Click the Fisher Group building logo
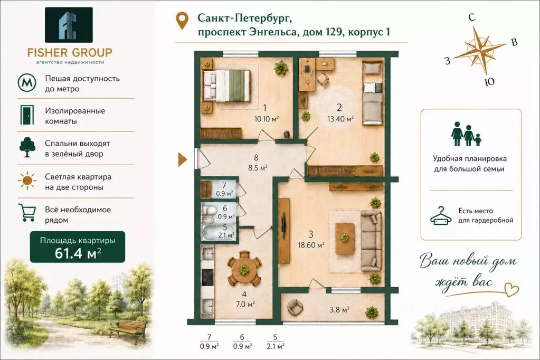point(69,25)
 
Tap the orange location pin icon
point(182,21)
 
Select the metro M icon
point(27,83)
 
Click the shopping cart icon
point(26,213)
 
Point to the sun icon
point(27,181)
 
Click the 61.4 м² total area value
point(78,253)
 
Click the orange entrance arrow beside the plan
point(182,160)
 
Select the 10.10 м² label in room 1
point(267,119)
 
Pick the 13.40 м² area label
point(340,119)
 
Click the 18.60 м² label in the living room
point(311,245)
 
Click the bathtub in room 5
point(212,233)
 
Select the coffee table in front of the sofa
point(345,238)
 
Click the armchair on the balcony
point(295,307)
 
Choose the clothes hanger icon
point(441,216)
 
